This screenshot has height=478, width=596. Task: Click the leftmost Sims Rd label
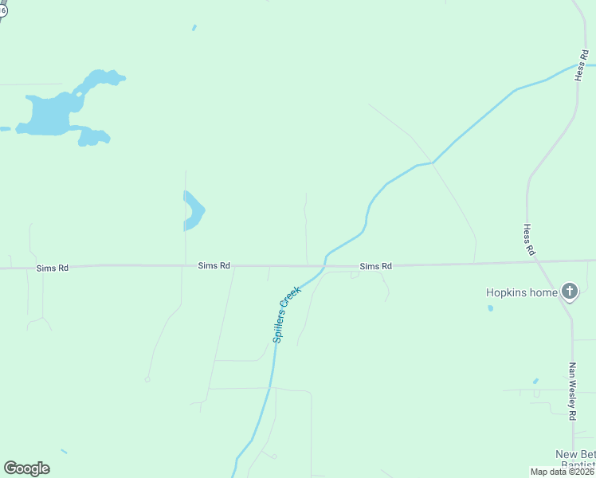53,268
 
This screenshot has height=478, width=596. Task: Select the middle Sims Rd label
214,265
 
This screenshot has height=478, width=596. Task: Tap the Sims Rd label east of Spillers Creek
375,266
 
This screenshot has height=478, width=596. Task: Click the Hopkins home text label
522,292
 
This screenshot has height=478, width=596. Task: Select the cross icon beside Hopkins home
569,292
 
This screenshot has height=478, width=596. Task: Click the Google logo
26,468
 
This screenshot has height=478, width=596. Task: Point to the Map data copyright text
562,472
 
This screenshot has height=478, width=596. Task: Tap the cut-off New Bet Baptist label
574,459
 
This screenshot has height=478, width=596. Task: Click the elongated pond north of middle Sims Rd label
193,210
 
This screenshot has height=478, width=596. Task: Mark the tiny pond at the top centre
194,28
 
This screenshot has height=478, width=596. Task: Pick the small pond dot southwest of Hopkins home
490,308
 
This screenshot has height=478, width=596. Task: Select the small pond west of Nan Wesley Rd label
535,381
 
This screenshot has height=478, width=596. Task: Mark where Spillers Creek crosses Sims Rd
325,264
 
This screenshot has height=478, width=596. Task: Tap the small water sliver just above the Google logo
64,452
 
